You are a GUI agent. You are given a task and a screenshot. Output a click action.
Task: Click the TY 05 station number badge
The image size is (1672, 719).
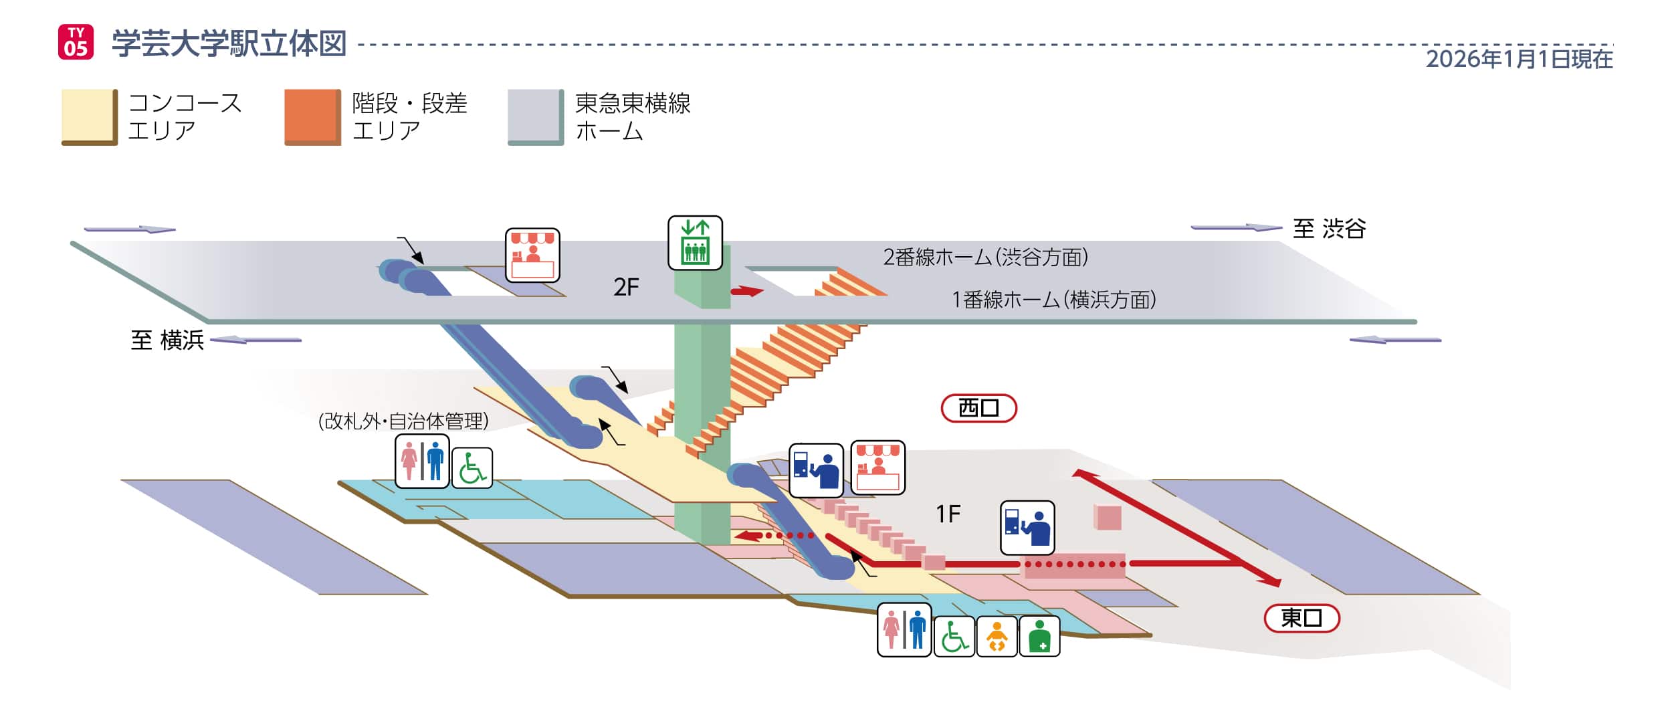(76, 42)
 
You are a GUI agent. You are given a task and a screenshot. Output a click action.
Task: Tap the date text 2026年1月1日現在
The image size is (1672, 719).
(1519, 59)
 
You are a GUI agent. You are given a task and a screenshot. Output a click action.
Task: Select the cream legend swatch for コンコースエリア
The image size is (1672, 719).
(89, 116)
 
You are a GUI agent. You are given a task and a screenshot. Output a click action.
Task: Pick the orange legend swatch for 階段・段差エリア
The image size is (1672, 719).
(312, 116)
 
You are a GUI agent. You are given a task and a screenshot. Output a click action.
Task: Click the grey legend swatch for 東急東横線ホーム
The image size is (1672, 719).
(536, 116)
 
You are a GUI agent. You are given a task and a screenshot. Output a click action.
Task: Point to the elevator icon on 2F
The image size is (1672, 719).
(695, 243)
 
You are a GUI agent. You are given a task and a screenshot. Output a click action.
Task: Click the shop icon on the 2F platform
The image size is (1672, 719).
(532, 255)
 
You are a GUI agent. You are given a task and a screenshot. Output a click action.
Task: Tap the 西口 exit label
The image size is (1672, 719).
(978, 408)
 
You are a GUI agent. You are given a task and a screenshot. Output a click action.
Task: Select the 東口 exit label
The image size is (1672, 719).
(1301, 618)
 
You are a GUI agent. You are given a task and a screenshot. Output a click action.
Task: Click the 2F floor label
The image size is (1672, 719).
(626, 287)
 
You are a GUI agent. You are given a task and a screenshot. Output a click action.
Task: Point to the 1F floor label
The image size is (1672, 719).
(948, 514)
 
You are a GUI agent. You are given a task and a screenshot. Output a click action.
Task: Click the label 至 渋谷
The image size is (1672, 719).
(1328, 229)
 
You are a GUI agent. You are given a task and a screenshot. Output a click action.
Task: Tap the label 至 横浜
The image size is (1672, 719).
(167, 340)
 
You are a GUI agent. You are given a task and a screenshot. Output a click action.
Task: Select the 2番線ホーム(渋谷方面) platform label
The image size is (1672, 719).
(985, 257)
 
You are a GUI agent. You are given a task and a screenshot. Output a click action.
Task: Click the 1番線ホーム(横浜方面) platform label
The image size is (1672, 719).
(1053, 300)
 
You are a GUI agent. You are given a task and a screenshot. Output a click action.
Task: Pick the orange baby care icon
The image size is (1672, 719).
(997, 636)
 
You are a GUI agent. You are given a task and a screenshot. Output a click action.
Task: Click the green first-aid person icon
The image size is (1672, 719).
(1039, 636)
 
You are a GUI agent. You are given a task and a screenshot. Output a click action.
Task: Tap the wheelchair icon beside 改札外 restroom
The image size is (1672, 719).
(472, 468)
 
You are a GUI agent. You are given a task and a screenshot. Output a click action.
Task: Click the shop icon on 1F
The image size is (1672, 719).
(877, 468)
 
